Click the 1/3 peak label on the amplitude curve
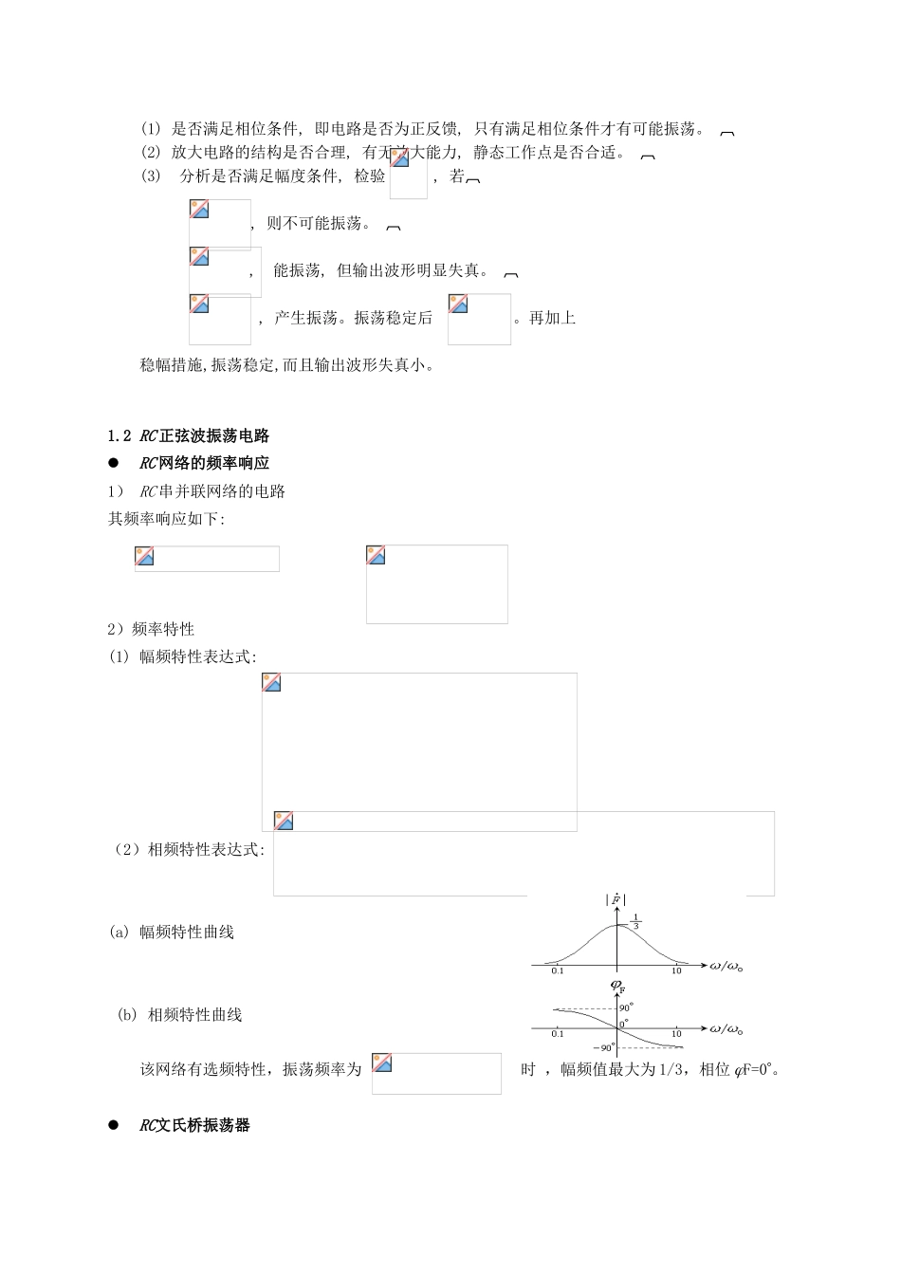coord(636,921)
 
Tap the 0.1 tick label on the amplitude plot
coord(558,970)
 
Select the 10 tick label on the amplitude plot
coord(676,970)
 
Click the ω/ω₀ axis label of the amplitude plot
coord(726,967)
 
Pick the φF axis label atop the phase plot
coord(617,988)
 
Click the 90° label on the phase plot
coord(626,1007)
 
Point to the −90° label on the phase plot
coord(604,1048)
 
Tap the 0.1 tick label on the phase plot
coord(558,1033)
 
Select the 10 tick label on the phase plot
coord(676,1033)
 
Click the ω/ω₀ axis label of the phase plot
coord(726,1029)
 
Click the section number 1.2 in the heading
coord(119,436)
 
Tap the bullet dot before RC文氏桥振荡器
coord(114,1125)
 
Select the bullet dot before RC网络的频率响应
coord(114,463)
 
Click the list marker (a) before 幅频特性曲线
coord(119,933)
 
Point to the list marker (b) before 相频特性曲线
coord(126,1015)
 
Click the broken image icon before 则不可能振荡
coord(199,210)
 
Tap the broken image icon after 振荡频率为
coord(382,1062)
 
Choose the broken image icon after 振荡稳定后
coord(458,305)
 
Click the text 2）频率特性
coord(151,629)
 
